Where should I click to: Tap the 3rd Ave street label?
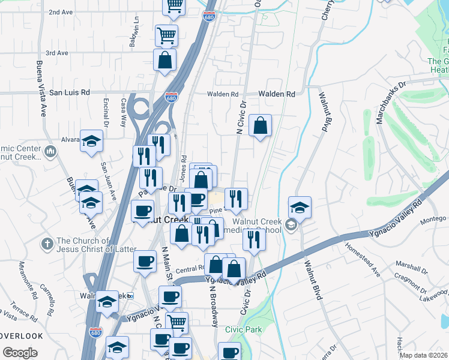tap(57, 53)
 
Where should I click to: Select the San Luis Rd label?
tap(69, 93)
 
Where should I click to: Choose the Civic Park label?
tap(244, 329)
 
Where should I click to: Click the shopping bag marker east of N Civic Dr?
tap(260, 126)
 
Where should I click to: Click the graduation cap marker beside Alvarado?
tap(91, 141)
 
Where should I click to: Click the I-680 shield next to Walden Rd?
tap(171, 98)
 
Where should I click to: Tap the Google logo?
tap(20, 353)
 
